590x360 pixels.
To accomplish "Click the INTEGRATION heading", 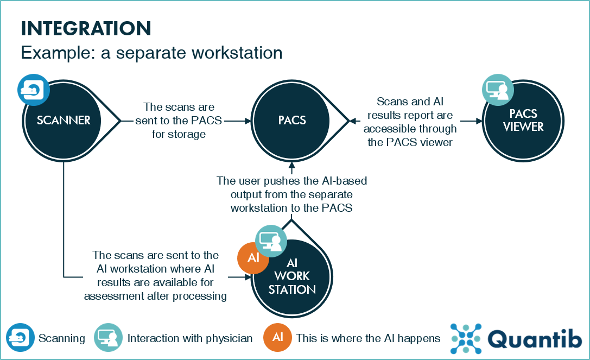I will point(86,28).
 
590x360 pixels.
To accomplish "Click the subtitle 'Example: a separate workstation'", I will point(151,53).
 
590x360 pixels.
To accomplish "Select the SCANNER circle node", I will point(64,121).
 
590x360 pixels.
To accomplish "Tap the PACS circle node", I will point(292,121).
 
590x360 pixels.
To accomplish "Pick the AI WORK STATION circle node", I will point(292,277).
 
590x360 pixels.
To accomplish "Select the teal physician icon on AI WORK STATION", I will point(271,241).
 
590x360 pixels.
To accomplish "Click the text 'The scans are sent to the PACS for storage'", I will point(179,121).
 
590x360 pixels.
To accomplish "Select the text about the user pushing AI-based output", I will point(292,194).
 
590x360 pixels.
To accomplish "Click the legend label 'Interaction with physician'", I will point(190,338).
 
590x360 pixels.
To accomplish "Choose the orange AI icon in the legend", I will point(277,338).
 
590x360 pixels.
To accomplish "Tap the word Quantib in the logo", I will point(534,338).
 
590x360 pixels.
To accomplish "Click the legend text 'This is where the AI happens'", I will point(368,338).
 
